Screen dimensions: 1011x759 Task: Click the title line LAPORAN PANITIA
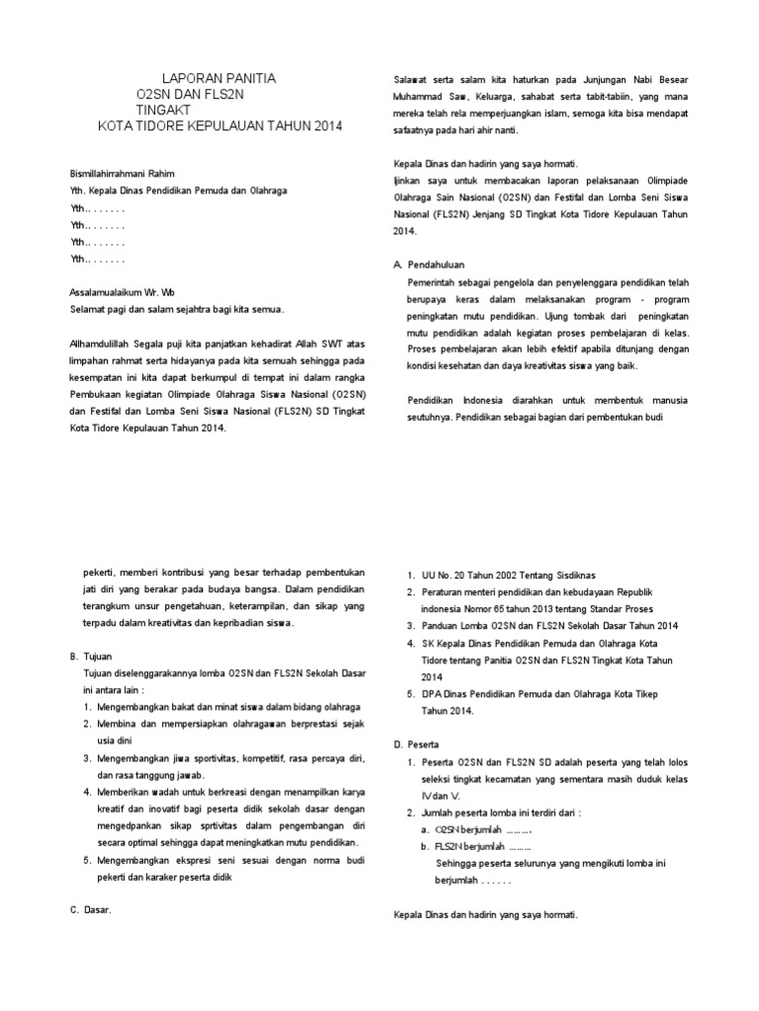point(218,77)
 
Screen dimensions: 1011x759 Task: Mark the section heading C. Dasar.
point(91,910)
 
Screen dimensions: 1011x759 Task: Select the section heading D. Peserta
point(416,743)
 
